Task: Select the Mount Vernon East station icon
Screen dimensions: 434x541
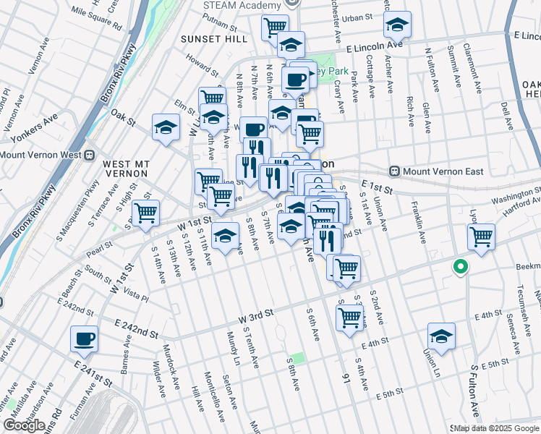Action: click(395, 171)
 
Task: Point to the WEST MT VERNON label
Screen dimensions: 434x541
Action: click(125, 169)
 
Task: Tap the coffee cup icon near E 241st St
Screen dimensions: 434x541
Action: click(85, 339)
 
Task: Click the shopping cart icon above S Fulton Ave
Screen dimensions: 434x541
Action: click(481, 237)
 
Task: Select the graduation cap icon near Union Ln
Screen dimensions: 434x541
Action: click(441, 336)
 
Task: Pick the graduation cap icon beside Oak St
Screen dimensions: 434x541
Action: click(166, 128)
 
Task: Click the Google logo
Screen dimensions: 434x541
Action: click(25, 425)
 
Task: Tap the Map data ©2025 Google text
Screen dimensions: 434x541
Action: click(496, 428)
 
